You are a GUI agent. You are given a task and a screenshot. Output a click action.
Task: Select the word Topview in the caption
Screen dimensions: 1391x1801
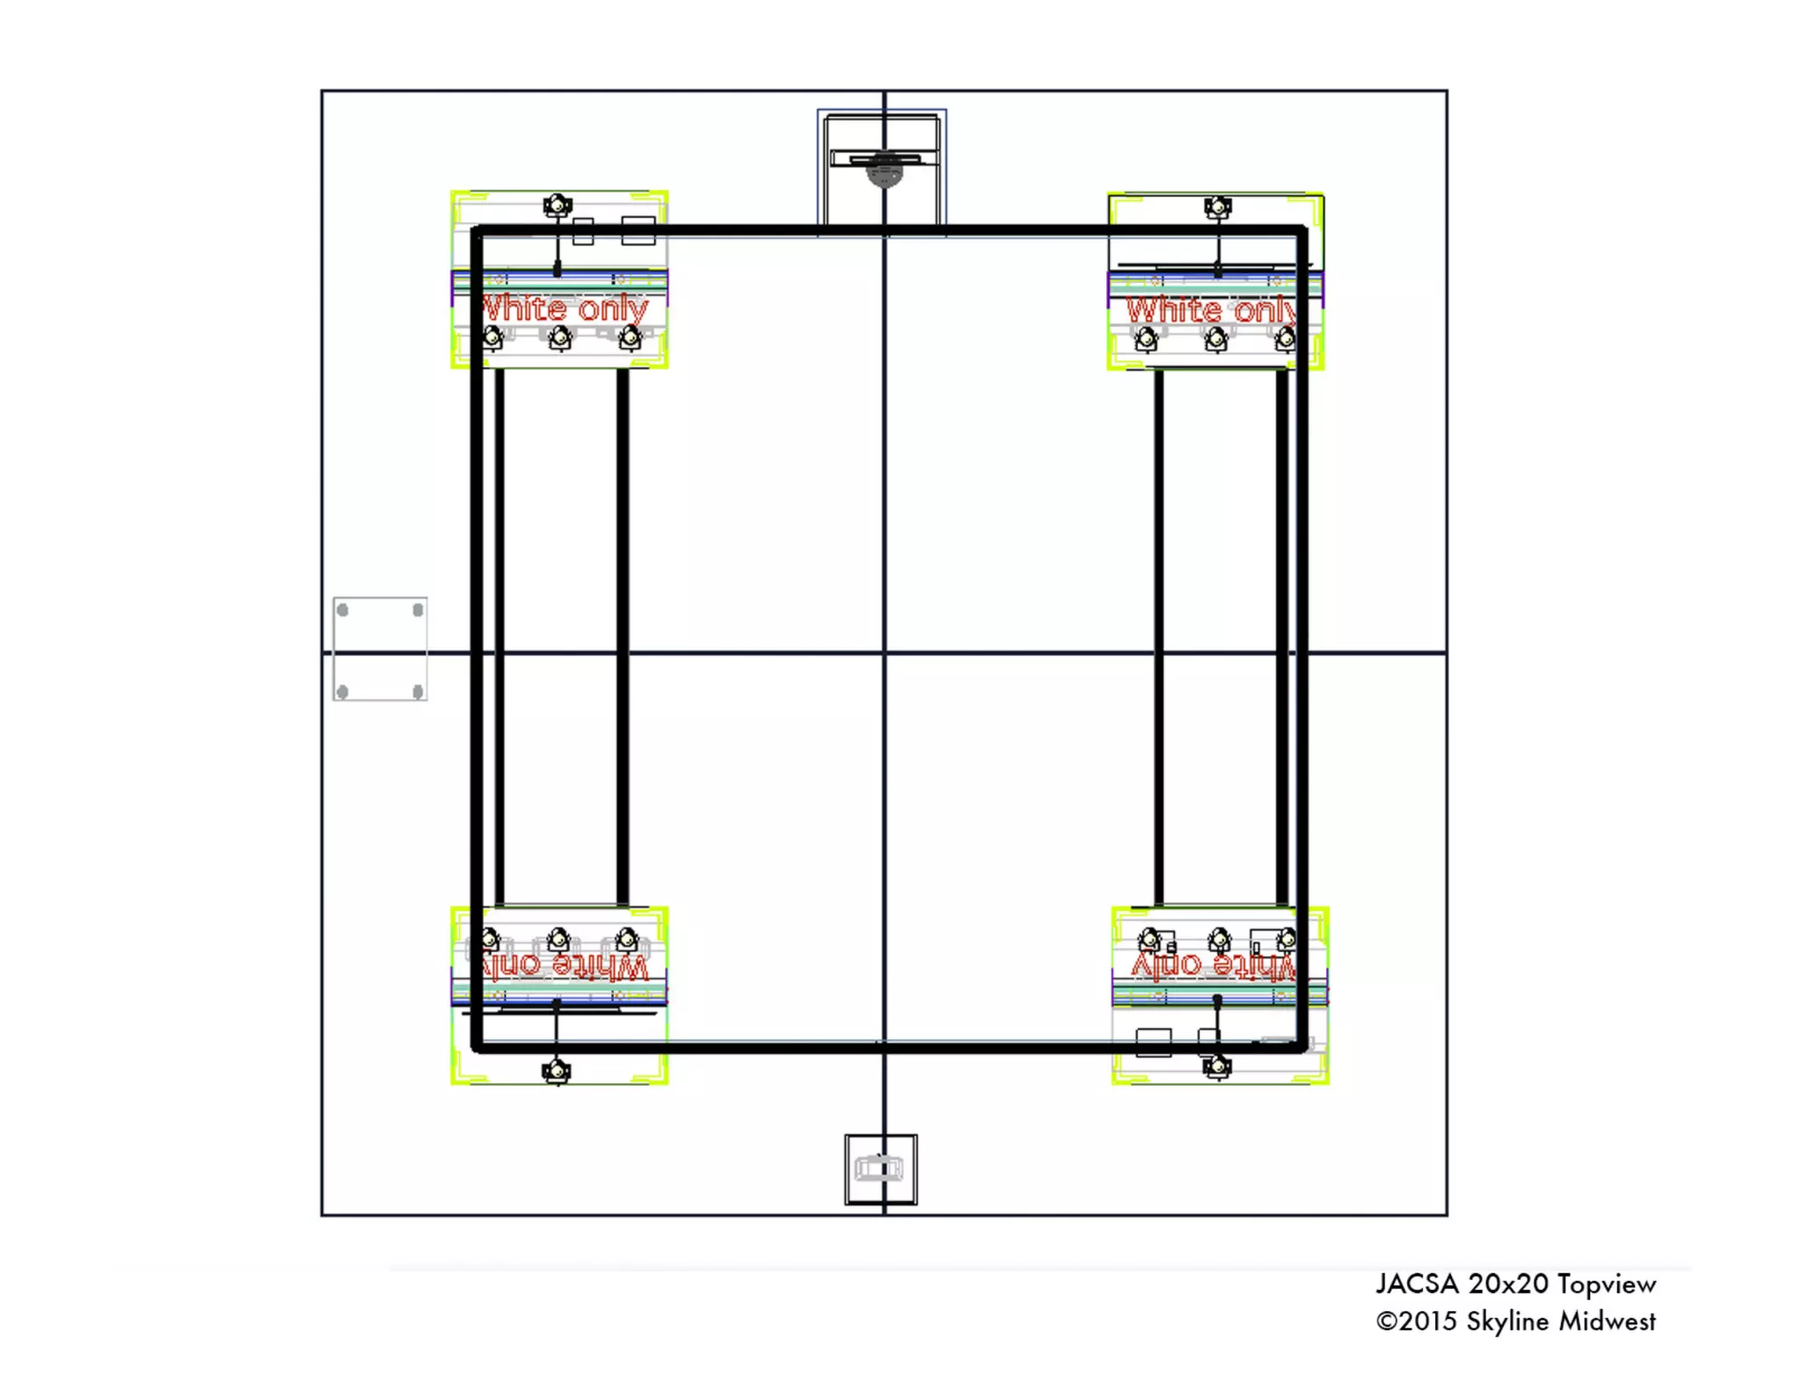point(1607,1285)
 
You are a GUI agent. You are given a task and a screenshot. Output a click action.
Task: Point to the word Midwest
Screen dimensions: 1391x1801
point(1607,1322)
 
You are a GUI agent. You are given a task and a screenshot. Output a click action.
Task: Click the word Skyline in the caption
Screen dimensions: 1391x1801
point(1507,1322)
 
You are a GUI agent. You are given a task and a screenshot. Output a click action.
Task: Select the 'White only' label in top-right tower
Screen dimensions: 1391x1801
point(1210,310)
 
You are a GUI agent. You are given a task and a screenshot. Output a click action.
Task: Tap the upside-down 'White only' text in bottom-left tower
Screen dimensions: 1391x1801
point(565,966)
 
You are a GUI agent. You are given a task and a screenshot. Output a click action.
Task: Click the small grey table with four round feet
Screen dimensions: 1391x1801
point(380,649)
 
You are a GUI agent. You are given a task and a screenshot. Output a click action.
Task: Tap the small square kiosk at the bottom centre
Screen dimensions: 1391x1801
point(880,1169)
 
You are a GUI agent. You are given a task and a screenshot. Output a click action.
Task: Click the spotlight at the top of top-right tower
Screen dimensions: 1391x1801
point(1217,208)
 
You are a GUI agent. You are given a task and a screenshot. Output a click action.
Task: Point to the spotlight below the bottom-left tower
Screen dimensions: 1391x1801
point(556,1071)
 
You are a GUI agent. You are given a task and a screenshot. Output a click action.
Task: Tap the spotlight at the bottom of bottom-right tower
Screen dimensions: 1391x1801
point(1217,1067)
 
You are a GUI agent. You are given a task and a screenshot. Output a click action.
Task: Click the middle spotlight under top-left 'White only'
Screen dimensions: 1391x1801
point(560,338)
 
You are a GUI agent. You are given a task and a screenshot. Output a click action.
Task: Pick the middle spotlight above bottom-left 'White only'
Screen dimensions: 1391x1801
point(558,939)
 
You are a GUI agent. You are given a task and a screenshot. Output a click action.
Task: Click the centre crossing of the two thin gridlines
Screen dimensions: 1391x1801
point(884,652)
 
